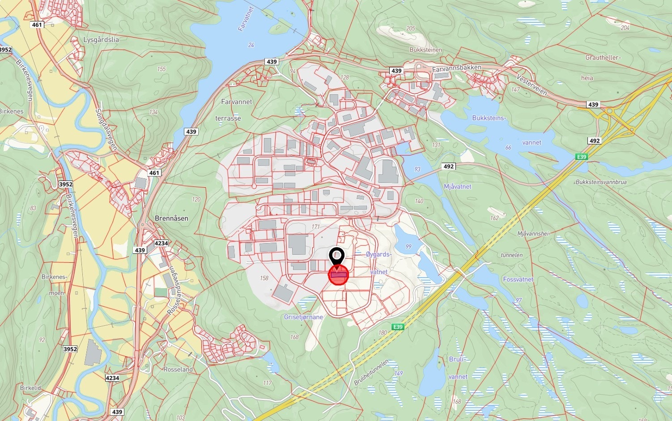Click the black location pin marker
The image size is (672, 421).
(x=336, y=257)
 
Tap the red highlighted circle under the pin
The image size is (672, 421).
(x=339, y=275)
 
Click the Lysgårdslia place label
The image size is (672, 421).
(x=101, y=40)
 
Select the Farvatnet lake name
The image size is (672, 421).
(x=245, y=19)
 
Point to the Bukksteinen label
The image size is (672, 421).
(x=426, y=50)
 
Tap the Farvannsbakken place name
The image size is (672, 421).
(x=457, y=68)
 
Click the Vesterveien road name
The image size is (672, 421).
(x=532, y=85)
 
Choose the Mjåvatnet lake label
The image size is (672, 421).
(x=458, y=186)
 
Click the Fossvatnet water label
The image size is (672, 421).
(x=518, y=279)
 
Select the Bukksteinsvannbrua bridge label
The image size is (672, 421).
(x=601, y=182)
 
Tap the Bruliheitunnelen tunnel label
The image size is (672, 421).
(x=371, y=372)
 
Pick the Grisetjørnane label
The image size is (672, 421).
(x=303, y=317)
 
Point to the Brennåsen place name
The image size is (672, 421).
(x=171, y=218)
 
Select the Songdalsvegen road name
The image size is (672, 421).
(x=106, y=129)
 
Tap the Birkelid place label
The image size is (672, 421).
(x=30, y=388)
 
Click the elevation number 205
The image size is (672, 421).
(x=410, y=29)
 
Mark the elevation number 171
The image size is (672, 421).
(x=316, y=227)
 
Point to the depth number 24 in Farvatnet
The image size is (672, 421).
(x=251, y=45)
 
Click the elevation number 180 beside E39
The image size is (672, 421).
(x=383, y=333)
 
